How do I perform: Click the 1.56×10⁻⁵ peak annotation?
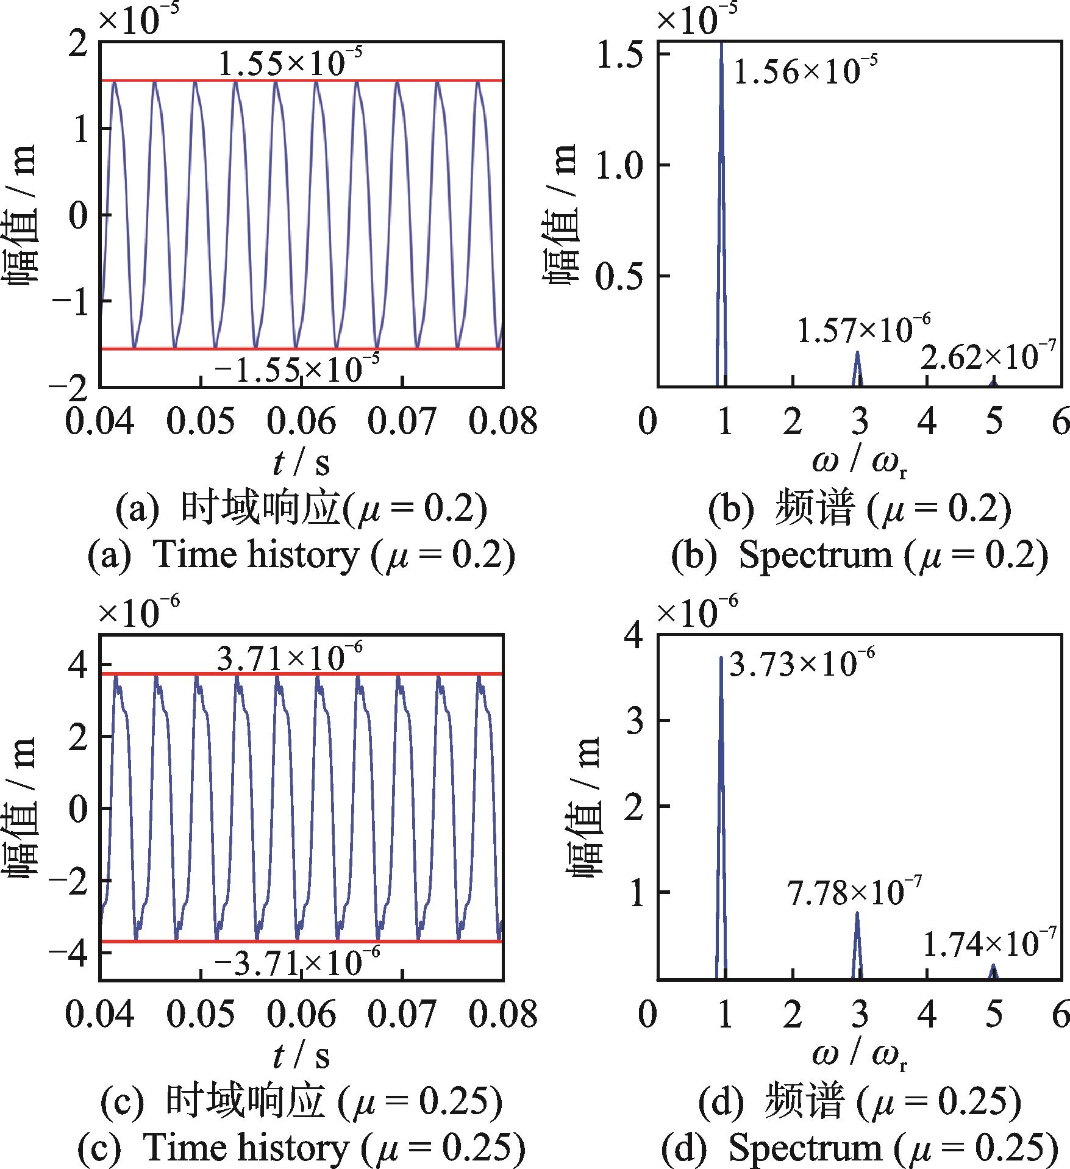click(805, 71)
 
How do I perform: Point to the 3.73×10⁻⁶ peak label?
click(802, 663)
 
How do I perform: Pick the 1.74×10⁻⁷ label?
click(988, 944)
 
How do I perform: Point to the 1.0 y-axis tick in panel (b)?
click(624, 165)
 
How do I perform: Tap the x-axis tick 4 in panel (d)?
click(927, 1013)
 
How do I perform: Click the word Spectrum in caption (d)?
click(805, 1148)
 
